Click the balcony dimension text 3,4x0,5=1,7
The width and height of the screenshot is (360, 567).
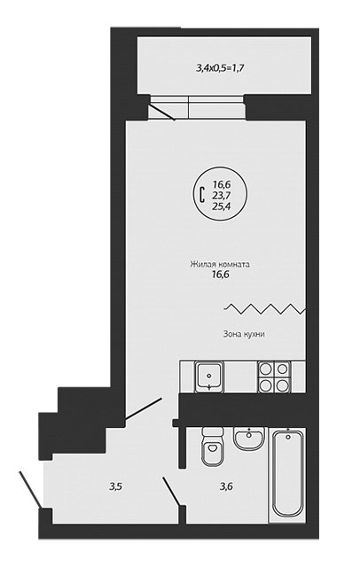pos(218,67)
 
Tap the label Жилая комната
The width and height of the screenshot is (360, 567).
pos(220,264)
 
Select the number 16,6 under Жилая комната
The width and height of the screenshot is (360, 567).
pos(221,276)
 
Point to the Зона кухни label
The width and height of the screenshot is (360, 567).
pos(243,334)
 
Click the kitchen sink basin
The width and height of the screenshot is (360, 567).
pos(209,377)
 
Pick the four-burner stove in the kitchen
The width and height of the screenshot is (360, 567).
pos(274,377)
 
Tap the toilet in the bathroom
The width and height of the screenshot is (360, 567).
pos(213,446)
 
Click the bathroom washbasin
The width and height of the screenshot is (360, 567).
pos(249,439)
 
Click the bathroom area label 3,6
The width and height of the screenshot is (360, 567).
pos(226,486)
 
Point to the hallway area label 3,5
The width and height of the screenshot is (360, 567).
pos(116,486)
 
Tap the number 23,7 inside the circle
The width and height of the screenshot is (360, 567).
pos(223,196)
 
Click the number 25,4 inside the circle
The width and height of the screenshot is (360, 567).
pos(223,206)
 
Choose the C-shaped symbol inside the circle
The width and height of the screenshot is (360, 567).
pos(202,195)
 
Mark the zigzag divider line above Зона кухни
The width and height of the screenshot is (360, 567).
pos(265,308)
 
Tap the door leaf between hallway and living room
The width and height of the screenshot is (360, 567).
pos(143,409)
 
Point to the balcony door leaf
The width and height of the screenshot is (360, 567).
pos(162,112)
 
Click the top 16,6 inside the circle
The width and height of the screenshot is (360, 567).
pos(223,185)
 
